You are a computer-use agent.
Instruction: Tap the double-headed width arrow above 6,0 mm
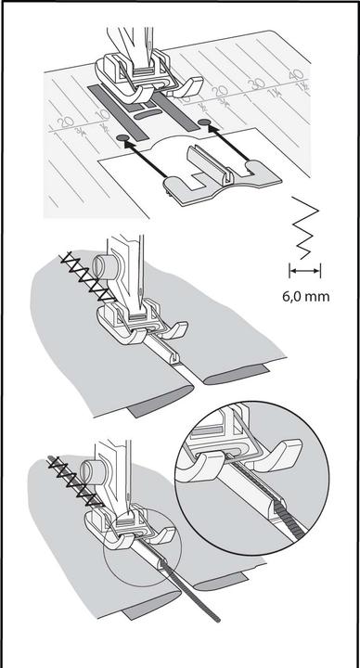[304, 270]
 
